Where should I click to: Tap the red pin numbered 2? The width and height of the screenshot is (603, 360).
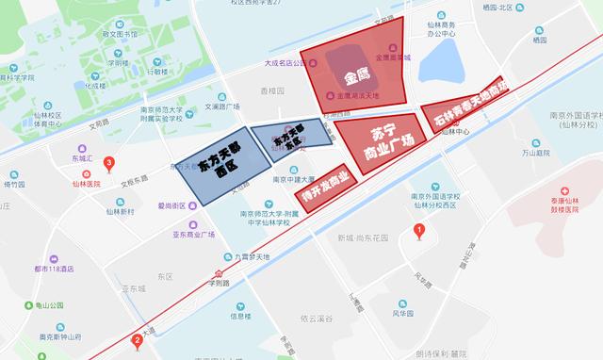[x=139, y=341]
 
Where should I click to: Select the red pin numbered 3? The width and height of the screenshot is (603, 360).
[x=109, y=164]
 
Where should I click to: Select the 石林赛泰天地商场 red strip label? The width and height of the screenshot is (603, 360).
[x=468, y=106]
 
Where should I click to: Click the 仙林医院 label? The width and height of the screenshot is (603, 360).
[x=86, y=184]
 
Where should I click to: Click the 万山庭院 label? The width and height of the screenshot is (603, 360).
[x=534, y=152]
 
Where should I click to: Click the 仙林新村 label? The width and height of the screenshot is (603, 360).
[x=120, y=212]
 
